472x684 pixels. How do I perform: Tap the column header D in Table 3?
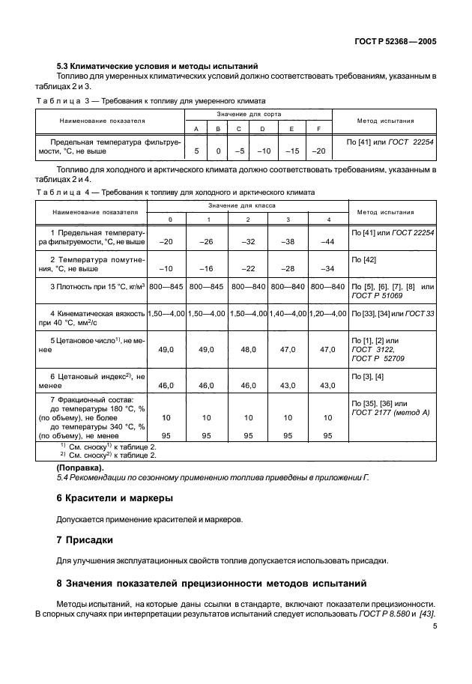pyautogui.click(x=263, y=128)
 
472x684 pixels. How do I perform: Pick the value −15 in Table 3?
pyautogui.click(x=291, y=151)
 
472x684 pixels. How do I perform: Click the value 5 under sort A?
pyautogui.click(x=196, y=151)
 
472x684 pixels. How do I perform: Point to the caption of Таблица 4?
pyautogui.click(x=175, y=192)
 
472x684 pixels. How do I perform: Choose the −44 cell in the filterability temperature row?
pyautogui.click(x=327, y=241)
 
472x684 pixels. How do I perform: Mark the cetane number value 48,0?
pyautogui.click(x=248, y=349)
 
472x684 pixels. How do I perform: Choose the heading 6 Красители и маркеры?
pyautogui.click(x=115, y=498)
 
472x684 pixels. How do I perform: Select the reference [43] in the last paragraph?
pyautogui.click(x=428, y=614)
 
